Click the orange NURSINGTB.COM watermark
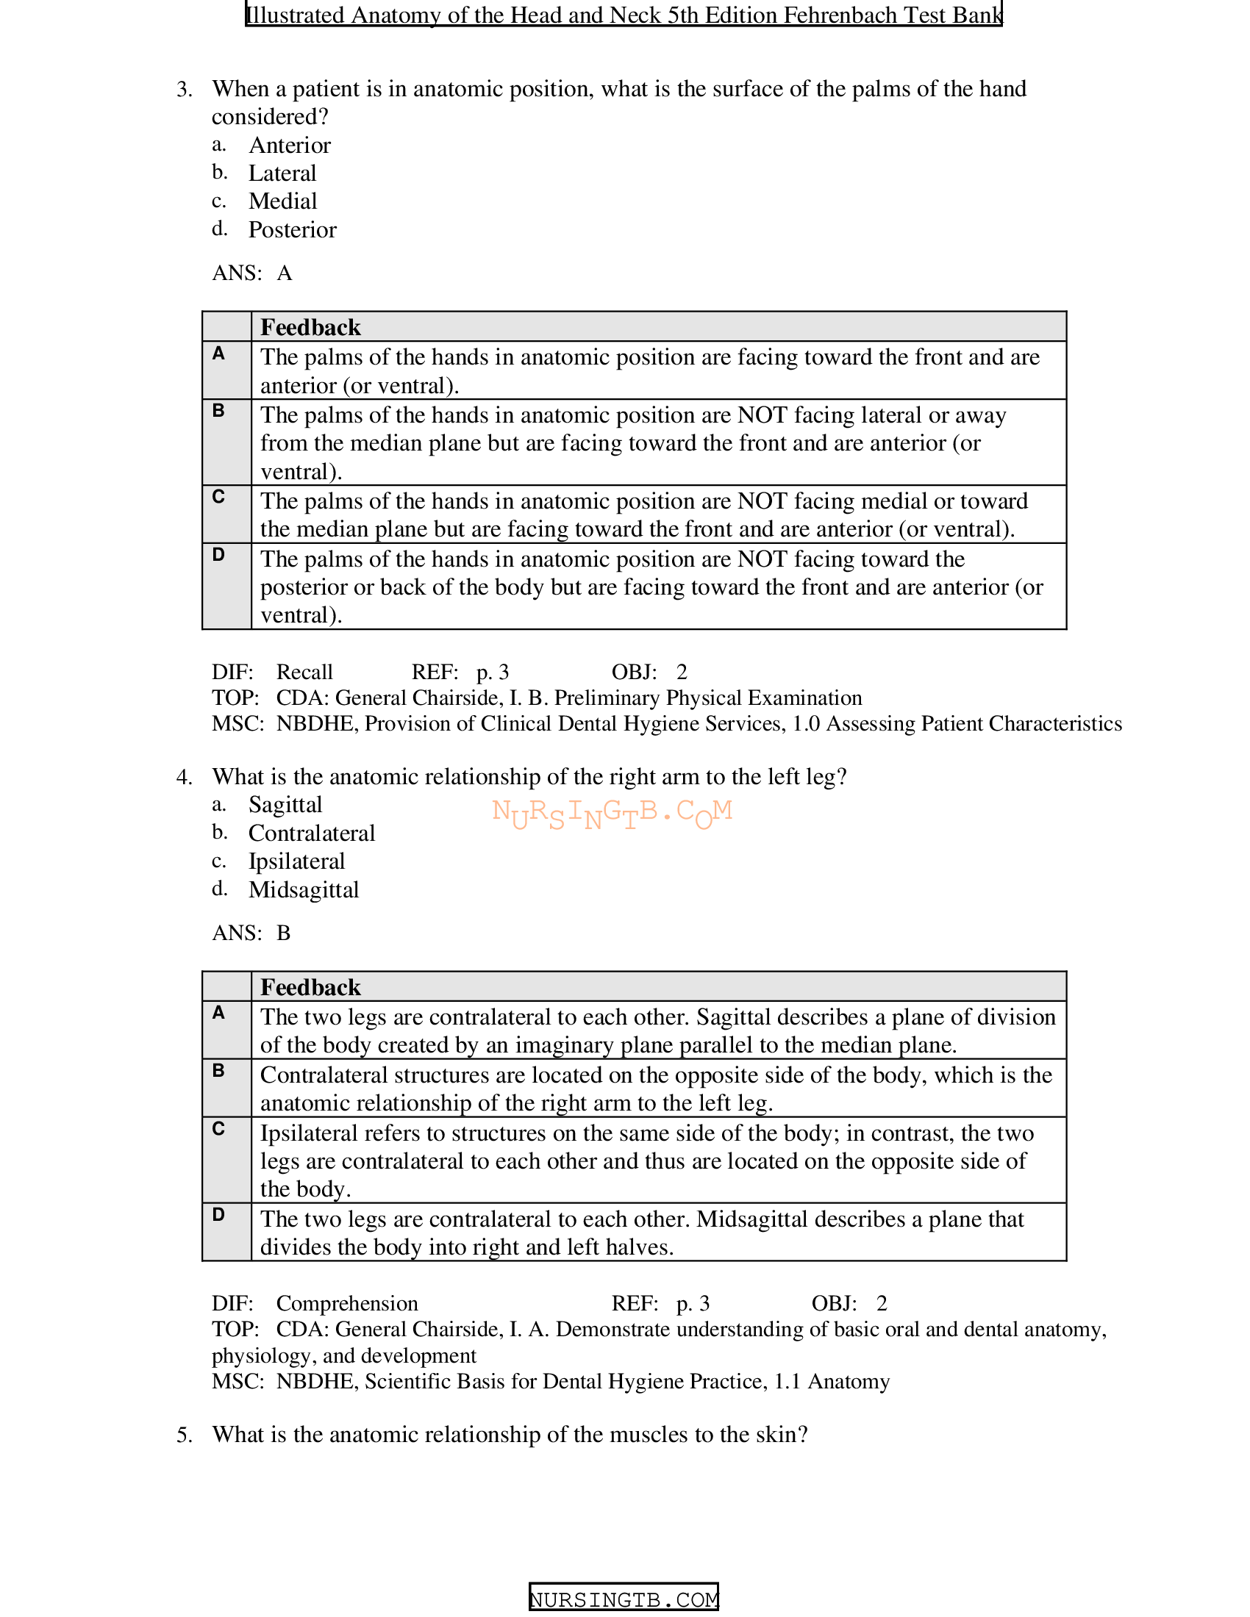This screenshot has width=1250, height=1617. (612, 814)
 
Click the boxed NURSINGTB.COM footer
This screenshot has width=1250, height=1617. (624, 1599)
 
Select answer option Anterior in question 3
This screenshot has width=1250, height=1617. (290, 145)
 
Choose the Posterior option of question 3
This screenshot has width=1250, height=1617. (293, 230)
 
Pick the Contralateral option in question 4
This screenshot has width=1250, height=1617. (312, 833)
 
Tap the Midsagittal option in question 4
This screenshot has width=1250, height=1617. (304, 890)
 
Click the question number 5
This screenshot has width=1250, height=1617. (185, 1435)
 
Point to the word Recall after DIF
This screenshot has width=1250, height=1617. (304, 673)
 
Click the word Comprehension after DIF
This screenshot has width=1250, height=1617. (346, 1303)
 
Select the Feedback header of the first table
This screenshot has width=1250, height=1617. (310, 327)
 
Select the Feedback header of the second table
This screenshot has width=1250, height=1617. (310, 988)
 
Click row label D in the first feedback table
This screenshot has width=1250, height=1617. (218, 555)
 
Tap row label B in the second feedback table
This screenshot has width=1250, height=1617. (218, 1071)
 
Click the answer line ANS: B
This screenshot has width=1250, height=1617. (251, 933)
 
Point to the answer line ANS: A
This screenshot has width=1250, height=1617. (252, 273)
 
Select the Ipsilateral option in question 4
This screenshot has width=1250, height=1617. (296, 862)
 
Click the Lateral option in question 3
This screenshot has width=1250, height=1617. (282, 173)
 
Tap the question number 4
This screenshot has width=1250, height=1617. (185, 777)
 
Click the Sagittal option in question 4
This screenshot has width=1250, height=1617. (285, 805)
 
